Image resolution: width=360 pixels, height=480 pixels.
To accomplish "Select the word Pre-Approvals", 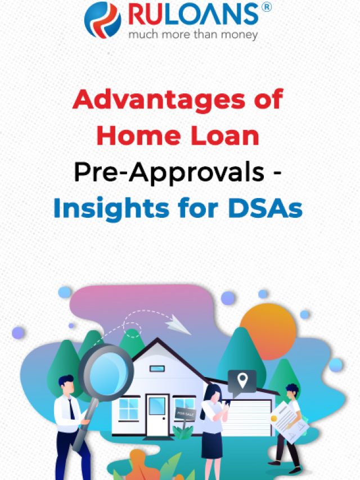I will pos(169,173).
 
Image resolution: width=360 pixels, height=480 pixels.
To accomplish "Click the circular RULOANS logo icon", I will pos(102,20).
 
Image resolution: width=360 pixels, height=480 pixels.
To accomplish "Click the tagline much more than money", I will pos(193,35).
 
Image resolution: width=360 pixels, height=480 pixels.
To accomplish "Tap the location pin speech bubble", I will pos(242,381).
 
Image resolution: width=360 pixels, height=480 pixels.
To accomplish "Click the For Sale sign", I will pos(184,413).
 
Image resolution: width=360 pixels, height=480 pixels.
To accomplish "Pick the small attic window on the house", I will pos(157,369).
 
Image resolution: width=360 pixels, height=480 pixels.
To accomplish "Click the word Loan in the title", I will pos(223,136).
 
